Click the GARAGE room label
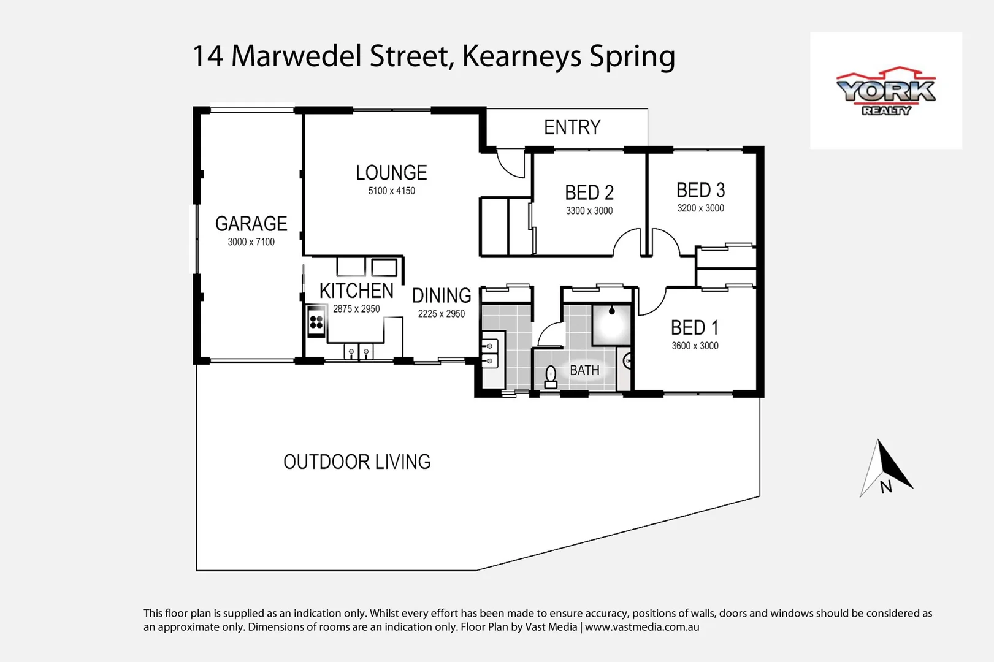pyautogui.click(x=251, y=224)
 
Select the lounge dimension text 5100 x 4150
pyautogui.click(x=391, y=191)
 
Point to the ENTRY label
pyautogui.click(x=572, y=127)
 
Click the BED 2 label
pyautogui.click(x=589, y=193)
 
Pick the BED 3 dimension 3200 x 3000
pyautogui.click(x=700, y=208)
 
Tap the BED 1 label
pyautogui.click(x=694, y=328)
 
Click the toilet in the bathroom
pyautogui.click(x=551, y=376)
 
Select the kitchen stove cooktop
pyautogui.click(x=316, y=321)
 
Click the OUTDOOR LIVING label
pyautogui.click(x=357, y=462)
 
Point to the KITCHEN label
pyautogui.click(x=356, y=291)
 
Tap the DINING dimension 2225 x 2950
pyautogui.click(x=441, y=314)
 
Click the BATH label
pyautogui.click(x=584, y=370)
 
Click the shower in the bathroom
pyautogui.click(x=611, y=325)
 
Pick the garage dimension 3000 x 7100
pyautogui.click(x=251, y=242)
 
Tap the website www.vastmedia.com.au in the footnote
pyautogui.click(x=642, y=627)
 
